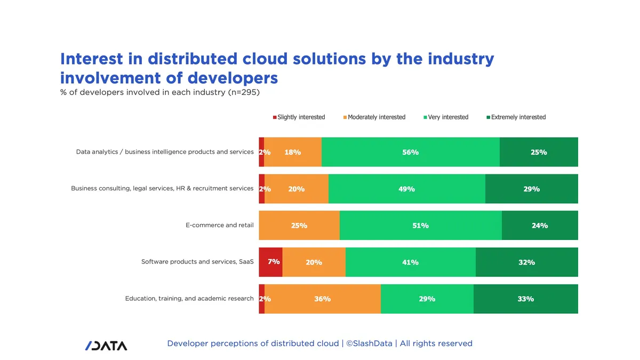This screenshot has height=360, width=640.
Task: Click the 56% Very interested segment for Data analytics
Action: coord(411,152)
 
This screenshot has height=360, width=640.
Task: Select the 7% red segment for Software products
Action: coord(270,262)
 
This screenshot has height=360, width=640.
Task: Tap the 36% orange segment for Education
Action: coord(323,299)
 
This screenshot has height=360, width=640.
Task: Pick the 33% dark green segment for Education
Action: coord(526,299)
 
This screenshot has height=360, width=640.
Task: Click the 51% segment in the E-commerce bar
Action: coord(421,226)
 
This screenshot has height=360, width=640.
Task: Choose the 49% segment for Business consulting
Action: coord(407,189)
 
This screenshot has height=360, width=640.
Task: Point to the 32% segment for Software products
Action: coord(527,262)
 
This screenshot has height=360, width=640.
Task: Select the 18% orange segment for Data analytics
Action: coord(293,152)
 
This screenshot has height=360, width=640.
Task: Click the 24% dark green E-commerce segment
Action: coord(540,226)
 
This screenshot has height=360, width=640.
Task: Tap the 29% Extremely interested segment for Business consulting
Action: coord(531,189)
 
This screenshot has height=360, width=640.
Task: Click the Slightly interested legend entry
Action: coord(299,117)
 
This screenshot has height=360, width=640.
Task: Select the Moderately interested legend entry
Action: coord(374,117)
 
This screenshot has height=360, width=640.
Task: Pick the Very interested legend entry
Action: coord(446,117)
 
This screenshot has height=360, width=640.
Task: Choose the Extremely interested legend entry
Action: coord(516,117)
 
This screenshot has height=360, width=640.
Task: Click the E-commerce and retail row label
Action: coord(219,225)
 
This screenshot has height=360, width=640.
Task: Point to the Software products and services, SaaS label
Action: coord(197,262)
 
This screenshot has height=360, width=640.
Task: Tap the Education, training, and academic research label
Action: coord(189,299)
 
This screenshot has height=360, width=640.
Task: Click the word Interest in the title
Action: coord(91,59)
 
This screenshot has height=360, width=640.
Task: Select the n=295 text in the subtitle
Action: coord(244,92)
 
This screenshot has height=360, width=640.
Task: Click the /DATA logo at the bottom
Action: coord(106,346)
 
